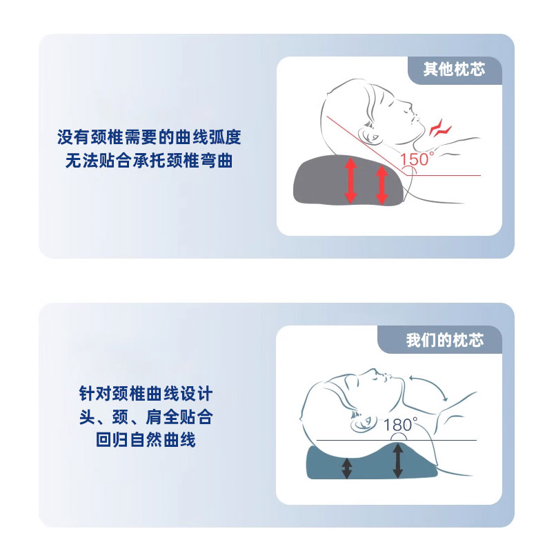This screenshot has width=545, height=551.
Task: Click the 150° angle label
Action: [x=417, y=159]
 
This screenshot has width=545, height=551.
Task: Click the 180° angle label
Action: [x=401, y=424]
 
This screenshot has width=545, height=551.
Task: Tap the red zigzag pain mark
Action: [x=440, y=128]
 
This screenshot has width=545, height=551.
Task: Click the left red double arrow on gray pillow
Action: [x=350, y=180]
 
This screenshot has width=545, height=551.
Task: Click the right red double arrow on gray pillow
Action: [x=381, y=185]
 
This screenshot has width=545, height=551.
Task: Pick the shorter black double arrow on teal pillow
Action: [x=347, y=468]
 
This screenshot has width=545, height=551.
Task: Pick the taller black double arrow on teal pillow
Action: [x=397, y=461]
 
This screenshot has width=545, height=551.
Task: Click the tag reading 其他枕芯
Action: [x=455, y=70]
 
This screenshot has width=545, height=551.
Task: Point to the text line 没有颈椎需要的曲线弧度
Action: [x=149, y=137]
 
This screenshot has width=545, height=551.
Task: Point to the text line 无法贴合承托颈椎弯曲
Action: [x=149, y=161]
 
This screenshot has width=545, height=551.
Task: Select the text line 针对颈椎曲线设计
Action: [x=146, y=394]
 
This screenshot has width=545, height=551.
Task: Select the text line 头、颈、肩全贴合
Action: [x=146, y=417]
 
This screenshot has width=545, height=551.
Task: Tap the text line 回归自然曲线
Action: [x=146, y=440]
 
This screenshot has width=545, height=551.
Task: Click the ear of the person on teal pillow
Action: [x=363, y=423]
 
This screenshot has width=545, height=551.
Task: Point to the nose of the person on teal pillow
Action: [x=388, y=377]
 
